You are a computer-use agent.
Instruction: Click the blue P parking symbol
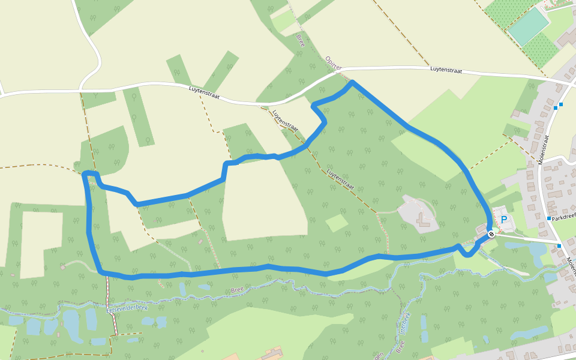tap(503, 220)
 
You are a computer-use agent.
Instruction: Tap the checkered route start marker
tap(491, 234)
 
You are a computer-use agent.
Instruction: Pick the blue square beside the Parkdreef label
tap(549, 218)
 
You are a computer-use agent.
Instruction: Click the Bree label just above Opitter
tap(301, 40)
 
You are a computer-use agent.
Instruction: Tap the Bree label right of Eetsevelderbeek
tap(238, 290)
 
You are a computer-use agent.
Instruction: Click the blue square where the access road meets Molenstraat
tap(559, 245)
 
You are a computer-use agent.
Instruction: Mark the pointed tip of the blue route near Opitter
tap(352, 82)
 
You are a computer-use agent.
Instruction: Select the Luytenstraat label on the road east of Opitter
tap(446, 70)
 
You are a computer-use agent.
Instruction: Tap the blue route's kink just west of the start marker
tap(459, 247)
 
